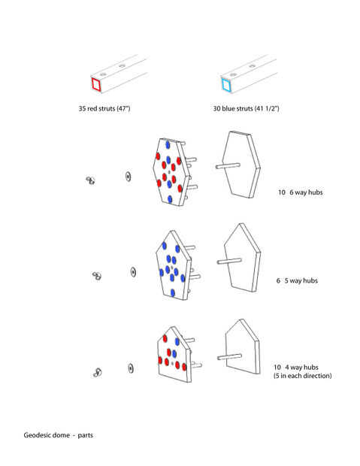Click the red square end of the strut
96,84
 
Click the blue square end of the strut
226,84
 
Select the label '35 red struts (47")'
104,108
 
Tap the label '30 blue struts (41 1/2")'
247,108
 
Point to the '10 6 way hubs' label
300,192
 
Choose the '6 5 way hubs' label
297,280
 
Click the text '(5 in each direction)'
303,376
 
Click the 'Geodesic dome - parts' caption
59,435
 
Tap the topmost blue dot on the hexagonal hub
168,145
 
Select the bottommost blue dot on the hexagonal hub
170,199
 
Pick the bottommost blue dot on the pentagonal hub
173,292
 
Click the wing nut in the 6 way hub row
90,180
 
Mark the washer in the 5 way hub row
133,272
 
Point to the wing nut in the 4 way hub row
98,372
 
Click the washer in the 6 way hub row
128,177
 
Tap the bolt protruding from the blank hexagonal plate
228,165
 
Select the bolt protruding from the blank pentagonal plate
229,261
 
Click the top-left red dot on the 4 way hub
165,338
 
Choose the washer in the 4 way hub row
131,368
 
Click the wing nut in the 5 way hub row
97,276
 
